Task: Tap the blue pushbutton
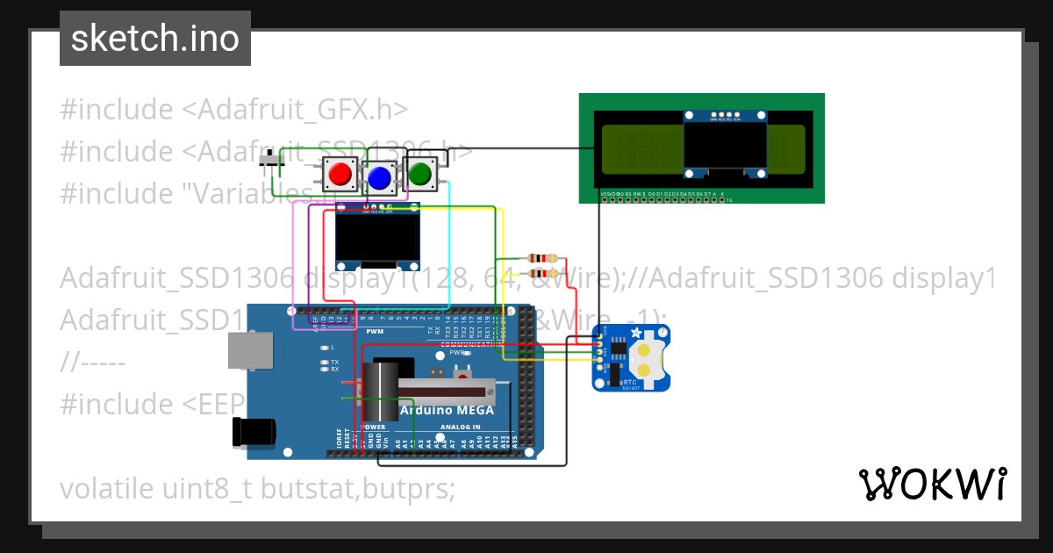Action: (x=379, y=178)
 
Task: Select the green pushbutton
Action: (x=420, y=173)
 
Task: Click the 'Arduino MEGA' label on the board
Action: (x=447, y=410)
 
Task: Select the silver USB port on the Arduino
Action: (x=249, y=350)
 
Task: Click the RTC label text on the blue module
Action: (x=629, y=383)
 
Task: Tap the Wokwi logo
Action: (x=932, y=484)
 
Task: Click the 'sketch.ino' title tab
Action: (x=155, y=39)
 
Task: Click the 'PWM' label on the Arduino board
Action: (x=375, y=332)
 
